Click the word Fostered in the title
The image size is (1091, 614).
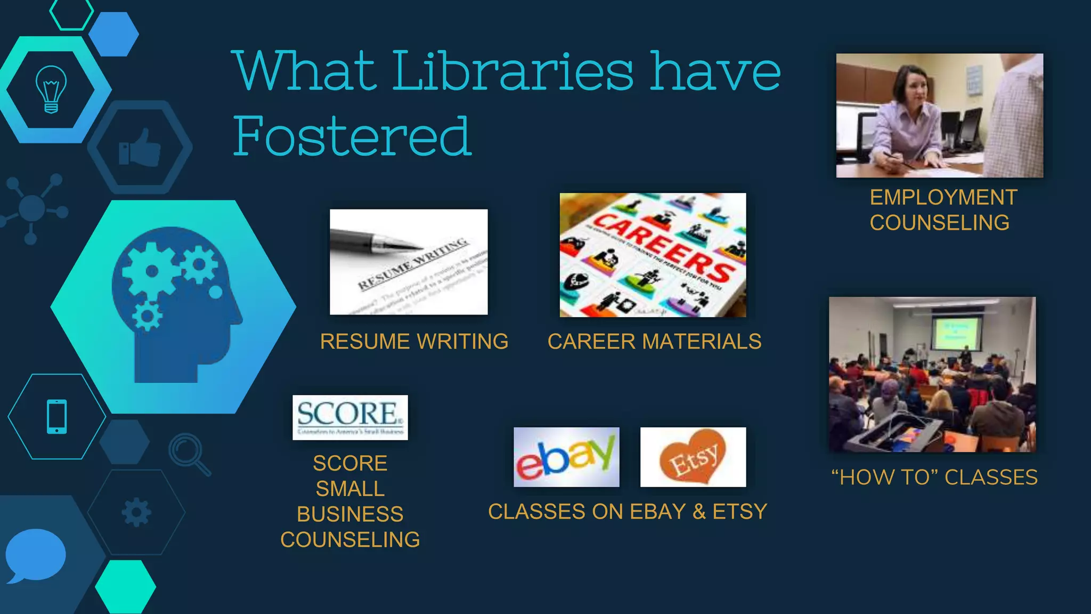click(353, 136)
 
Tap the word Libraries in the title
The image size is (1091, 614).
click(513, 71)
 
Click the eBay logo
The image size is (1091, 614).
click(566, 457)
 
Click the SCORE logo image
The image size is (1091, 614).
click(350, 417)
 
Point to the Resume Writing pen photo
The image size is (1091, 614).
click(409, 262)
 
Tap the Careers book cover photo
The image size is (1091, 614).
click(653, 255)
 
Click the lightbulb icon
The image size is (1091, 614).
click(51, 89)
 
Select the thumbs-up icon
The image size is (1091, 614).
click(140, 148)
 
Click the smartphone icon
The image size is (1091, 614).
click(57, 416)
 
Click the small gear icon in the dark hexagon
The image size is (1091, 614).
click(136, 512)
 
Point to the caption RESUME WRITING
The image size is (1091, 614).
click(414, 342)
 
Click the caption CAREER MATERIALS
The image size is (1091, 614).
click(654, 342)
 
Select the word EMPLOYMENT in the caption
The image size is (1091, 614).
click(943, 198)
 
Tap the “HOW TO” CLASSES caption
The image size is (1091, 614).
click(934, 478)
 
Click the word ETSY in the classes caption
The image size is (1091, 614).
click(739, 512)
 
